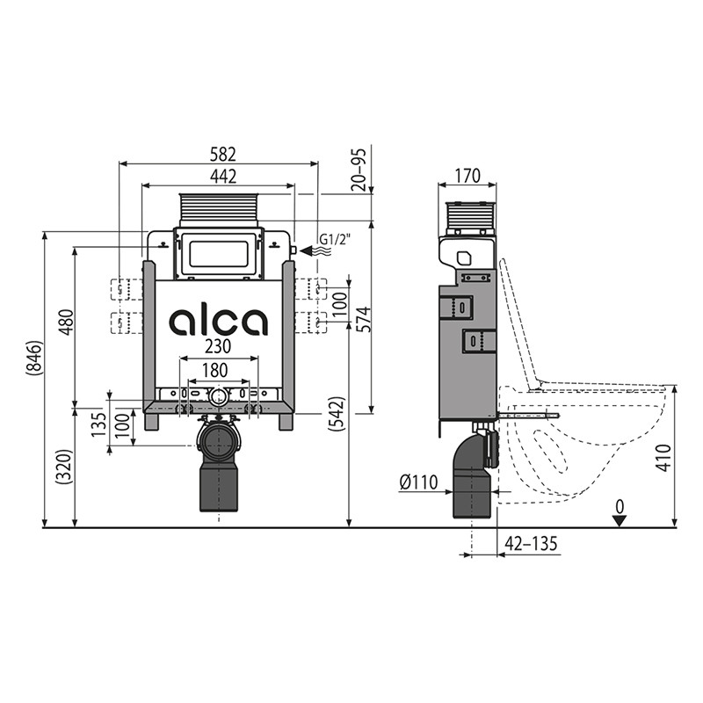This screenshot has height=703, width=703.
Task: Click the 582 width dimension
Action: click(223, 155)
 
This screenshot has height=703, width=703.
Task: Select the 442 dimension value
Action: click(223, 177)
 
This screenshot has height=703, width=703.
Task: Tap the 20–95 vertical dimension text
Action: click(359, 170)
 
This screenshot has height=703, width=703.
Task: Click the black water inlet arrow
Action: click(308, 250)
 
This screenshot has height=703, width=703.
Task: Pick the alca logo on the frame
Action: click(218, 322)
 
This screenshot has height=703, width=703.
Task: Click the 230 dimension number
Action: click(218, 346)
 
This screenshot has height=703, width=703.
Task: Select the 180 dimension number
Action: click(214, 370)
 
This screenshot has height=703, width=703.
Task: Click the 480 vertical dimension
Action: click(67, 322)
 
